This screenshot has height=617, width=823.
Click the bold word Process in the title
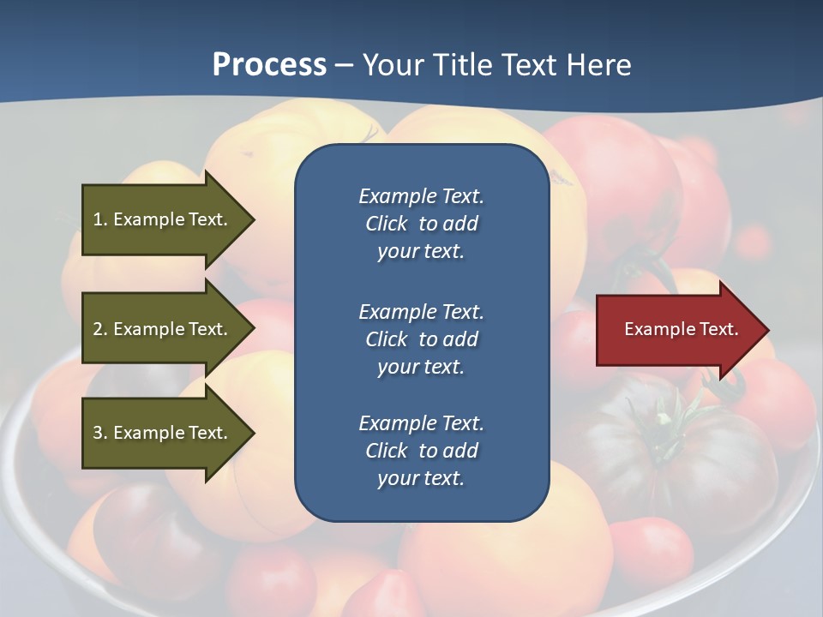pos(269,65)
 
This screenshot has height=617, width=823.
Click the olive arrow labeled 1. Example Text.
pos(163,219)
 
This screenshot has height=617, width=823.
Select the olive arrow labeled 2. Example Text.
pos(163,329)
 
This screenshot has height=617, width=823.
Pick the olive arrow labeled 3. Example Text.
pos(163,433)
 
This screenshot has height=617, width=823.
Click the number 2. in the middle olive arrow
pos(100,329)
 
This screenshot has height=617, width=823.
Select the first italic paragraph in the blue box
pos(421,224)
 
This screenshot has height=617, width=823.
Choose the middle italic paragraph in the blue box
pos(421,339)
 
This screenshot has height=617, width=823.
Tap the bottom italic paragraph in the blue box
pos(421,451)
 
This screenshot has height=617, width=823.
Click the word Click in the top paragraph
pos(387,224)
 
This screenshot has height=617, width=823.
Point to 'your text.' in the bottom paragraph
pos(421,478)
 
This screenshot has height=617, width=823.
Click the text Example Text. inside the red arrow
pos(682,329)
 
